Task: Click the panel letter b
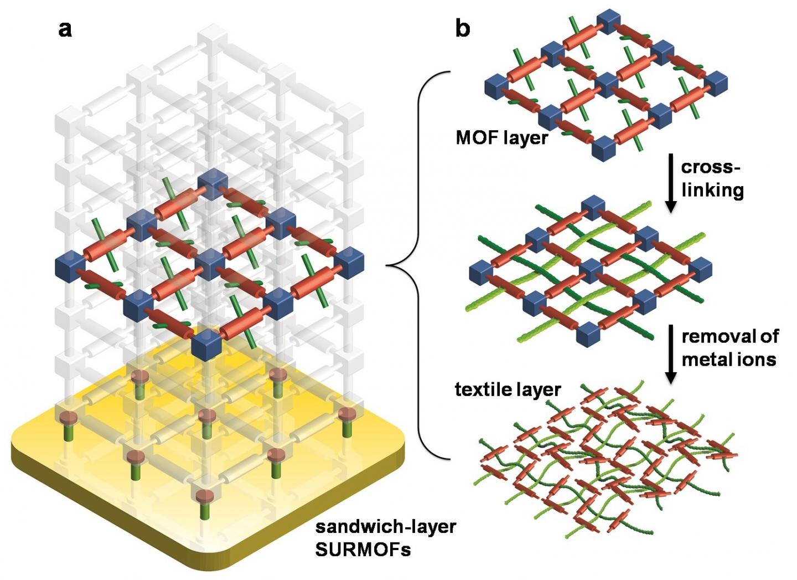click(x=462, y=28)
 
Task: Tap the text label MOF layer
click(x=501, y=137)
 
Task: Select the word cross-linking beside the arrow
click(x=712, y=178)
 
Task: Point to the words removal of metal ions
click(x=729, y=347)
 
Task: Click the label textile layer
click(x=508, y=389)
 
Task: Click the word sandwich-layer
click(x=386, y=526)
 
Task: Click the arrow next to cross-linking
click(x=671, y=183)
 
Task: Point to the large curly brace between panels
click(x=421, y=266)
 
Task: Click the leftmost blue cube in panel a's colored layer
click(x=69, y=266)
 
